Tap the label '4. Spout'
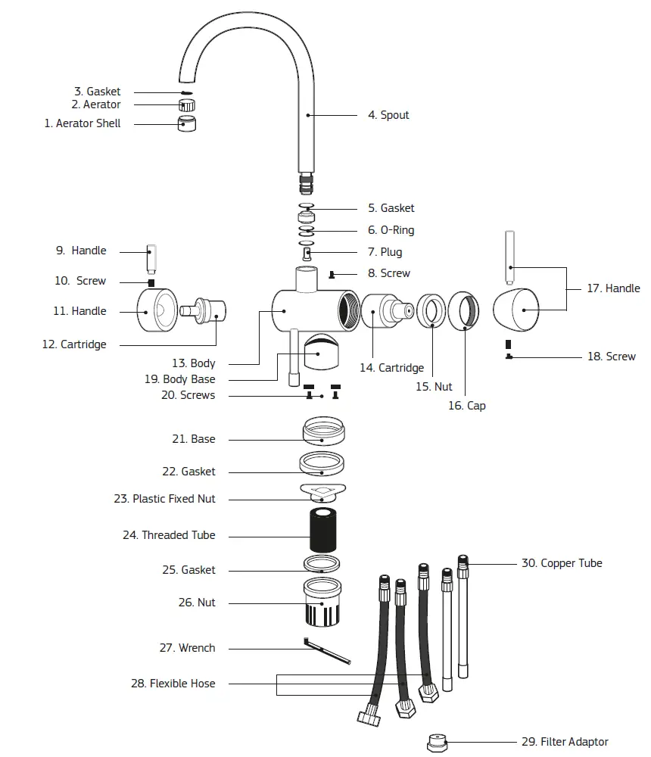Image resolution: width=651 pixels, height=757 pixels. pyautogui.click(x=388, y=115)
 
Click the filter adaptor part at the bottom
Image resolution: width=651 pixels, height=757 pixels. pyautogui.click(x=436, y=743)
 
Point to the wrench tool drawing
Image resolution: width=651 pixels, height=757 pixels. pyautogui.click(x=328, y=651)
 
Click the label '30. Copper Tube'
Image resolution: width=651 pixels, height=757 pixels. pyautogui.click(x=562, y=563)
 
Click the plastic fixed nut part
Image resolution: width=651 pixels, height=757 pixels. pyautogui.click(x=322, y=493)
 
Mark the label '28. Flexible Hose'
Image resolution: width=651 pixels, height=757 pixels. pyautogui.click(x=173, y=684)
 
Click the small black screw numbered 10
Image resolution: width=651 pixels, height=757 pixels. pyautogui.click(x=151, y=282)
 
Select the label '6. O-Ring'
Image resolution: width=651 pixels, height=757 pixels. pyautogui.click(x=391, y=230)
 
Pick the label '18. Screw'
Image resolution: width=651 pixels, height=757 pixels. pyautogui.click(x=611, y=357)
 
